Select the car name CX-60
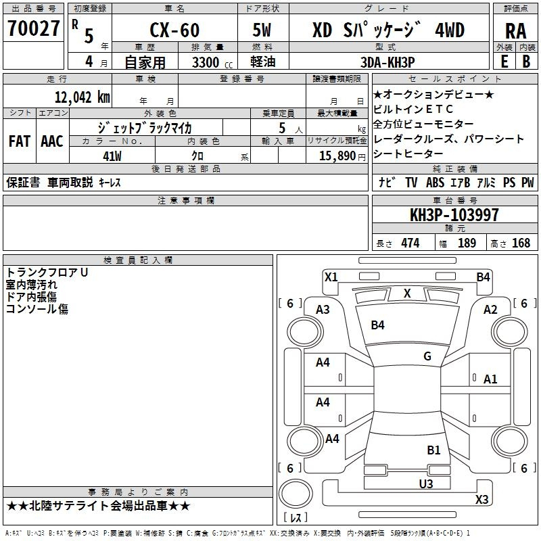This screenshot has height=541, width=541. coord(173,30)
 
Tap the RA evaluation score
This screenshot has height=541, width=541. coord(515,31)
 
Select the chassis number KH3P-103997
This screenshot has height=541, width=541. coord(454,216)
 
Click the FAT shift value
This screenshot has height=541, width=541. coord(20,141)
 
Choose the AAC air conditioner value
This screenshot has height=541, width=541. coord(51,141)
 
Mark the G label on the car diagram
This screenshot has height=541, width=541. coord(427,356)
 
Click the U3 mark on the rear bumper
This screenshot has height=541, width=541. coord(425,484)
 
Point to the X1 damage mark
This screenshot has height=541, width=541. coord(331,277)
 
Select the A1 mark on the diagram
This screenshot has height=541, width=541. coord(490,379)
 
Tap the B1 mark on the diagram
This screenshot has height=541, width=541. coord(433,450)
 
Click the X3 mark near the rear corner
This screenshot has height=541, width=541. coord(481,500)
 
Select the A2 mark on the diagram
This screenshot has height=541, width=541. coord(490,310)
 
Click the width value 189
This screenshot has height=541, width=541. coord(467,243)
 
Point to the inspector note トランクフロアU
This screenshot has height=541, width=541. coord(47,273)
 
